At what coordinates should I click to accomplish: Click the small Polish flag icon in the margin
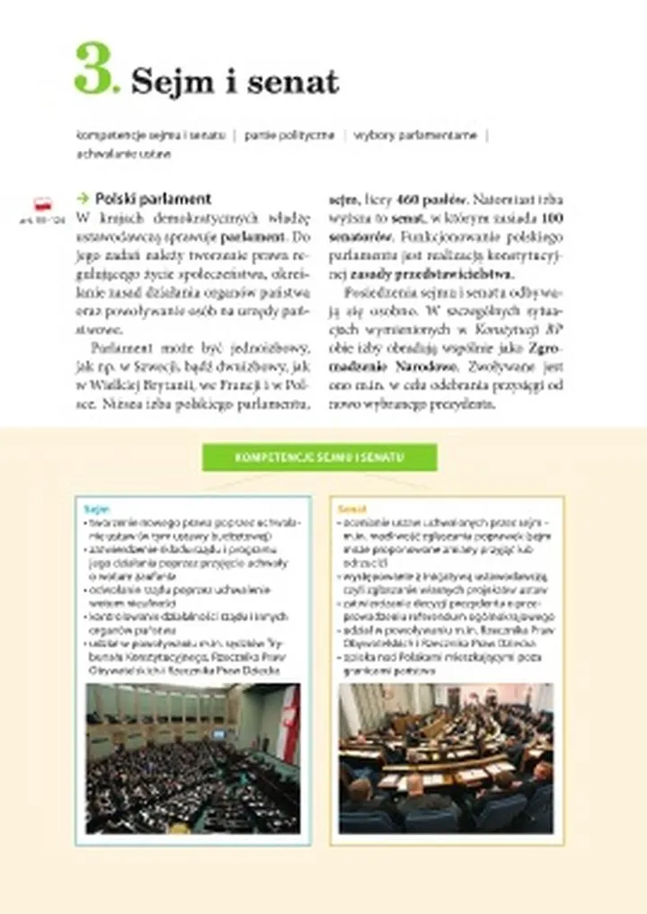pyautogui.click(x=42, y=204)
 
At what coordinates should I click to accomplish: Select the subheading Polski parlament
pyautogui.click(x=153, y=199)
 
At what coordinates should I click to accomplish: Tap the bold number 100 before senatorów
pyautogui.click(x=553, y=217)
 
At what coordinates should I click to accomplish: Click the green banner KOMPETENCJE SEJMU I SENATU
pyautogui.click(x=319, y=457)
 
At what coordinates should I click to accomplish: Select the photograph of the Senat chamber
pyautogui.click(x=446, y=758)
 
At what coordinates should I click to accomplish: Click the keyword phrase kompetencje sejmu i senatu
pyautogui.click(x=151, y=135)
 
